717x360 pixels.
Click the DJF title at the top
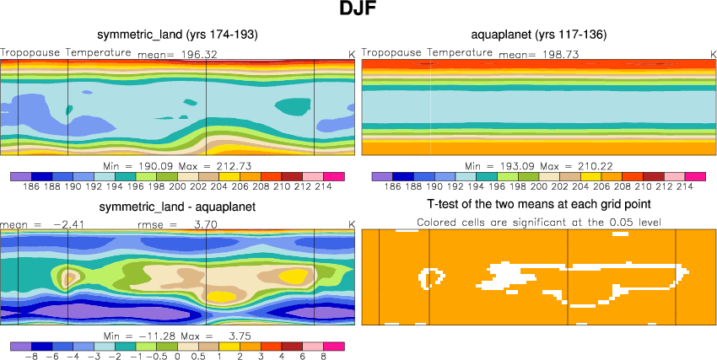pyautogui.click(x=358, y=11)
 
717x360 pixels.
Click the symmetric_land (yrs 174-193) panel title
pyautogui.click(x=177, y=35)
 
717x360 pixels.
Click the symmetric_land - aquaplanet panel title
pyautogui.click(x=177, y=207)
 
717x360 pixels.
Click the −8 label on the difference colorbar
pyautogui.click(x=32, y=357)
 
